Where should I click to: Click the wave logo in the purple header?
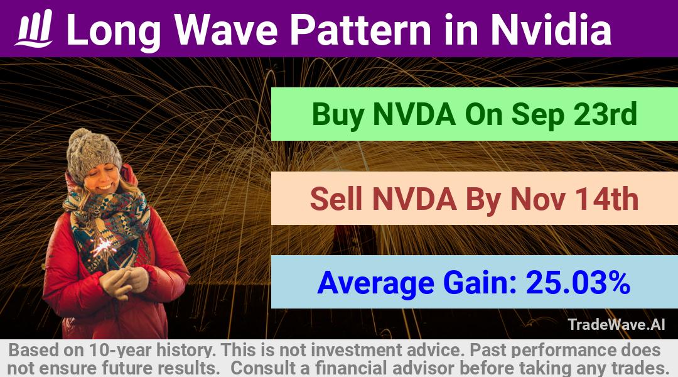click(x=34, y=28)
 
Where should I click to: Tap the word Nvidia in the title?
click(x=551, y=30)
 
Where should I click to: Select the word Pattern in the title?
click(x=360, y=30)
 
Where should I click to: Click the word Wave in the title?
click(x=226, y=30)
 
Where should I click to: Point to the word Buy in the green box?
click(x=337, y=115)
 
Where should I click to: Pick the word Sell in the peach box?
click(x=336, y=199)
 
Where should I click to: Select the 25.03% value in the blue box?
click(x=578, y=282)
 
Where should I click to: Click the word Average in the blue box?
click(x=376, y=283)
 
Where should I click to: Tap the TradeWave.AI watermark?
click(x=616, y=324)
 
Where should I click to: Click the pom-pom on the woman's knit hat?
click(x=80, y=137)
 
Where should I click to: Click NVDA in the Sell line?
click(x=414, y=199)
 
